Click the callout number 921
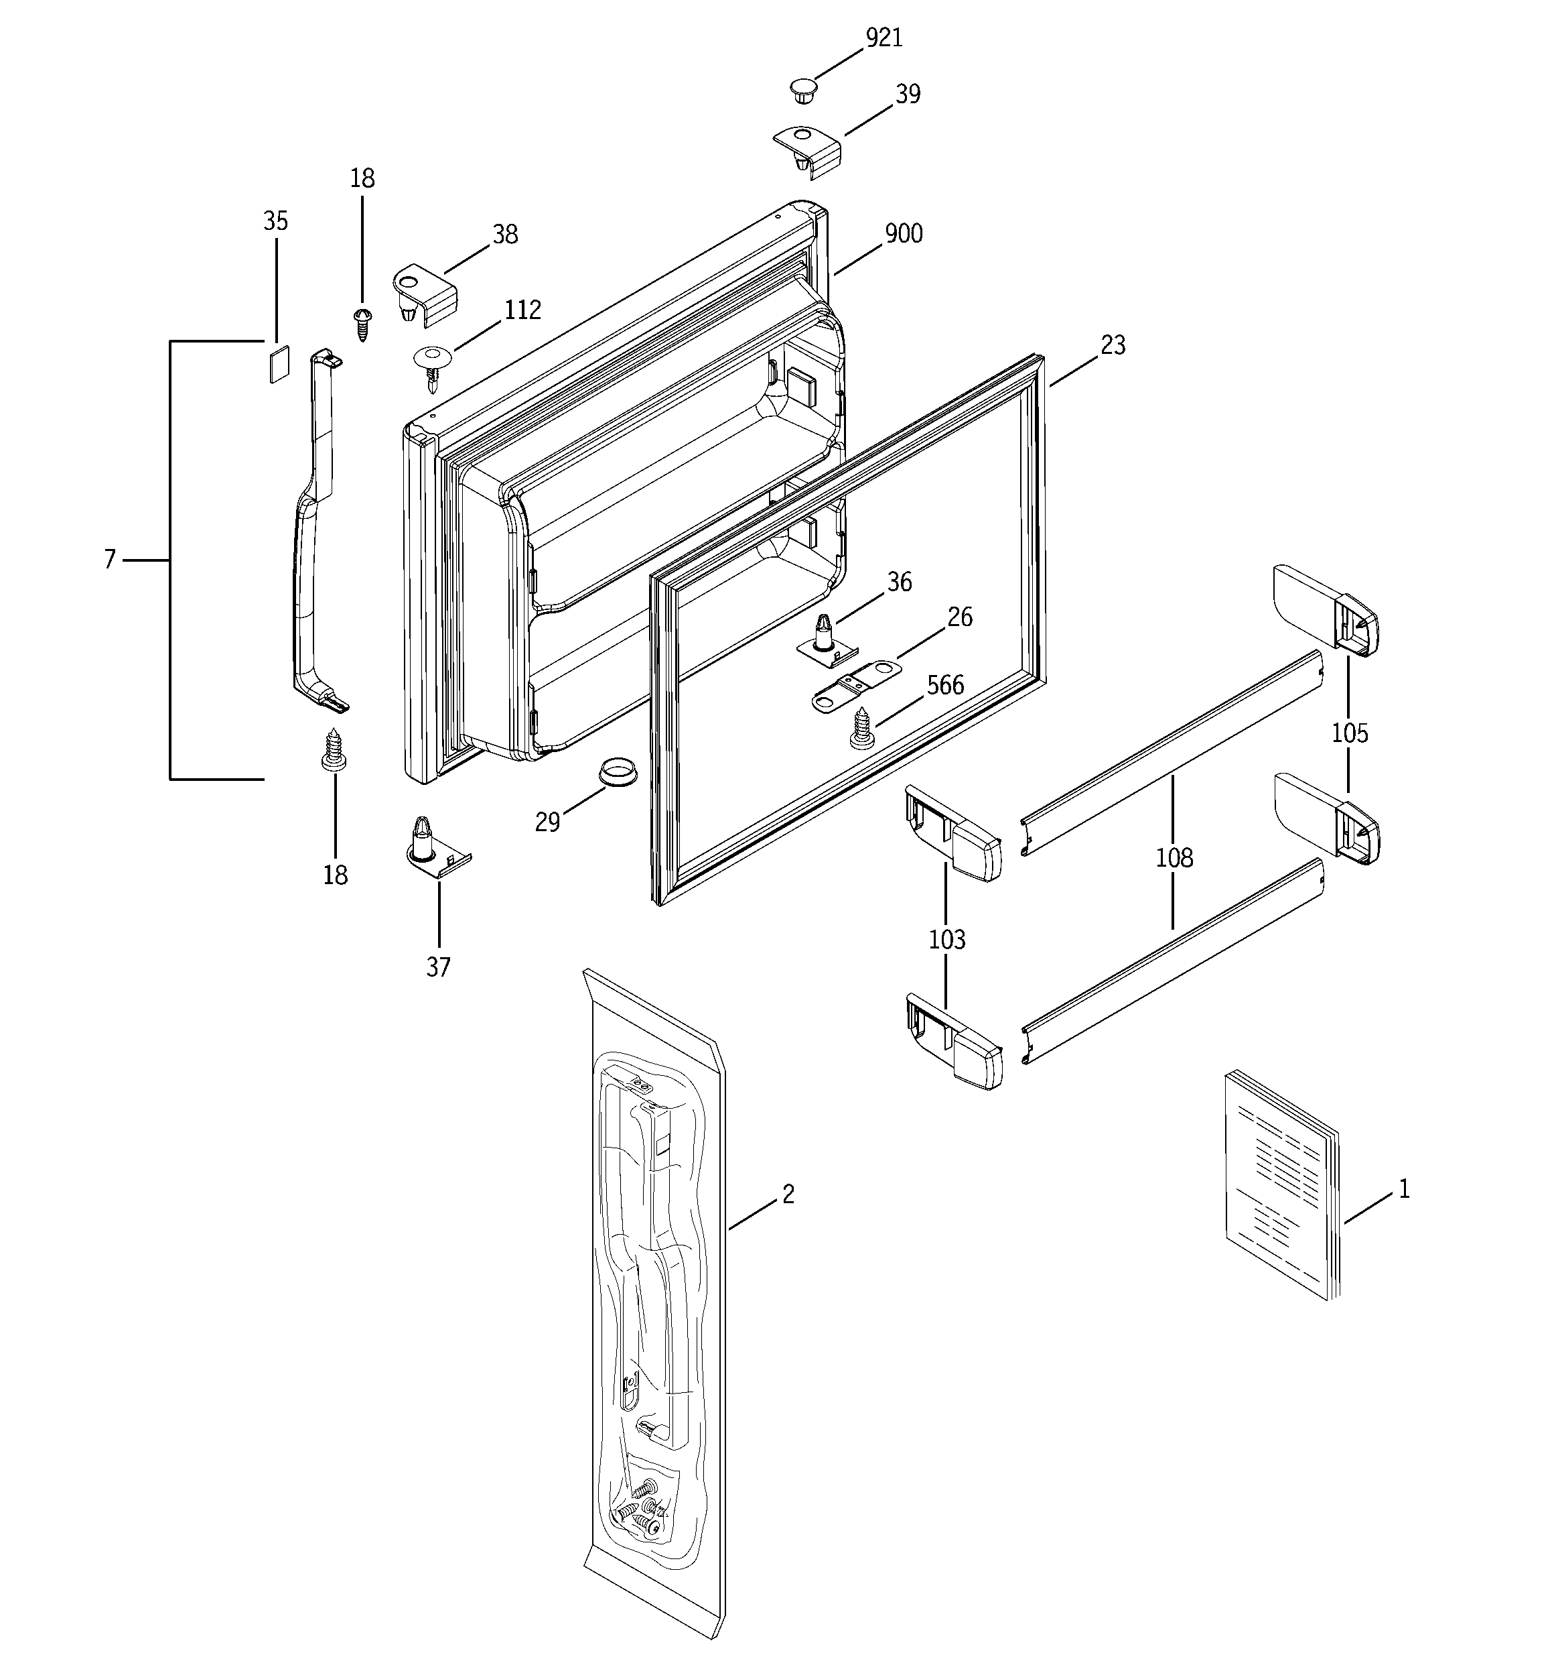884,38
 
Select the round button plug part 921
802,90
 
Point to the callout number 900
904,234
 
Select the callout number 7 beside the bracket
109,560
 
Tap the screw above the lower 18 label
334,749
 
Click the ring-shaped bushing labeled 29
618,769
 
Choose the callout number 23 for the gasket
1113,345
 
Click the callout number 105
1349,733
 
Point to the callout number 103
946,940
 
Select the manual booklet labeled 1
1281,1185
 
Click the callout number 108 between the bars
1174,858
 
